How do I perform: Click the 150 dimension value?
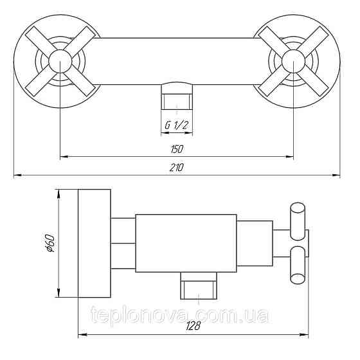[177, 149]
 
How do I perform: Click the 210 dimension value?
[177, 167]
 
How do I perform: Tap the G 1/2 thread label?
[177, 125]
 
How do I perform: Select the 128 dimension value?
[194, 325]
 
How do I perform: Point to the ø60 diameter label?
[50, 243]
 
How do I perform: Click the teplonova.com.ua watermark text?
[179, 314]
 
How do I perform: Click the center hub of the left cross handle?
[60, 61]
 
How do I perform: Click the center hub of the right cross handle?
[293, 61]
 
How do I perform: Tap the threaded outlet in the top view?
[177, 96]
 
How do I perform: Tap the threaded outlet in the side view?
[199, 285]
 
